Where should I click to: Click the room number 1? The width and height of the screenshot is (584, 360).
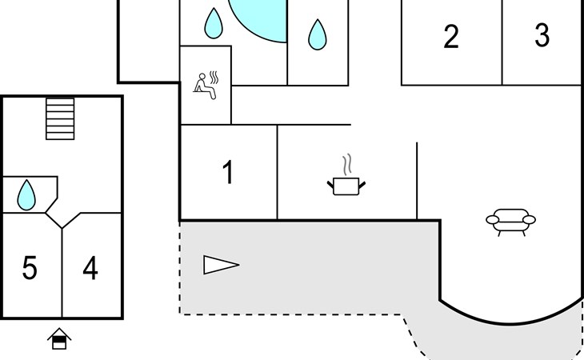tap(227, 172)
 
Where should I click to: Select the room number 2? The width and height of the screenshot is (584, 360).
tap(451, 37)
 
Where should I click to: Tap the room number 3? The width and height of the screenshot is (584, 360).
tap(542, 35)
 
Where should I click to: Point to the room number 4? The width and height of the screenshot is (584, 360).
tap(90, 268)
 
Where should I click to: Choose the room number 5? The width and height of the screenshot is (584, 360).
tap(30, 268)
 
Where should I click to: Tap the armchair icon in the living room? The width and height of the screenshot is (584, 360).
tap(510, 222)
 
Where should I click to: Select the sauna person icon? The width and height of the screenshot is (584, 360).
tap(205, 86)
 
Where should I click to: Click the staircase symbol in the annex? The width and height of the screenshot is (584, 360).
tap(60, 118)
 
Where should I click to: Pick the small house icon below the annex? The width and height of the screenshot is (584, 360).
tap(59, 338)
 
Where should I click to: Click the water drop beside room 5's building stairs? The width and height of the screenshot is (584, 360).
tap(26, 195)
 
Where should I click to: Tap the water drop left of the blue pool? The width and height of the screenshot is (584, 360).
tap(214, 23)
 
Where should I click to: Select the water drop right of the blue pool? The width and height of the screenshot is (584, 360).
tap(318, 34)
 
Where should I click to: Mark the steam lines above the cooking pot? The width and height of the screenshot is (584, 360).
tap(347, 165)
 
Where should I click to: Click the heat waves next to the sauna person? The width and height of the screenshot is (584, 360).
tap(214, 78)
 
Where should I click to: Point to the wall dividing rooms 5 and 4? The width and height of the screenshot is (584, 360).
tap(62, 273)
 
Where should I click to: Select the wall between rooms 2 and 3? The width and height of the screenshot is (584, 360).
tap(502, 42)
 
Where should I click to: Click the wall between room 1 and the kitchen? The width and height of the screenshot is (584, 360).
tap(277, 172)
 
